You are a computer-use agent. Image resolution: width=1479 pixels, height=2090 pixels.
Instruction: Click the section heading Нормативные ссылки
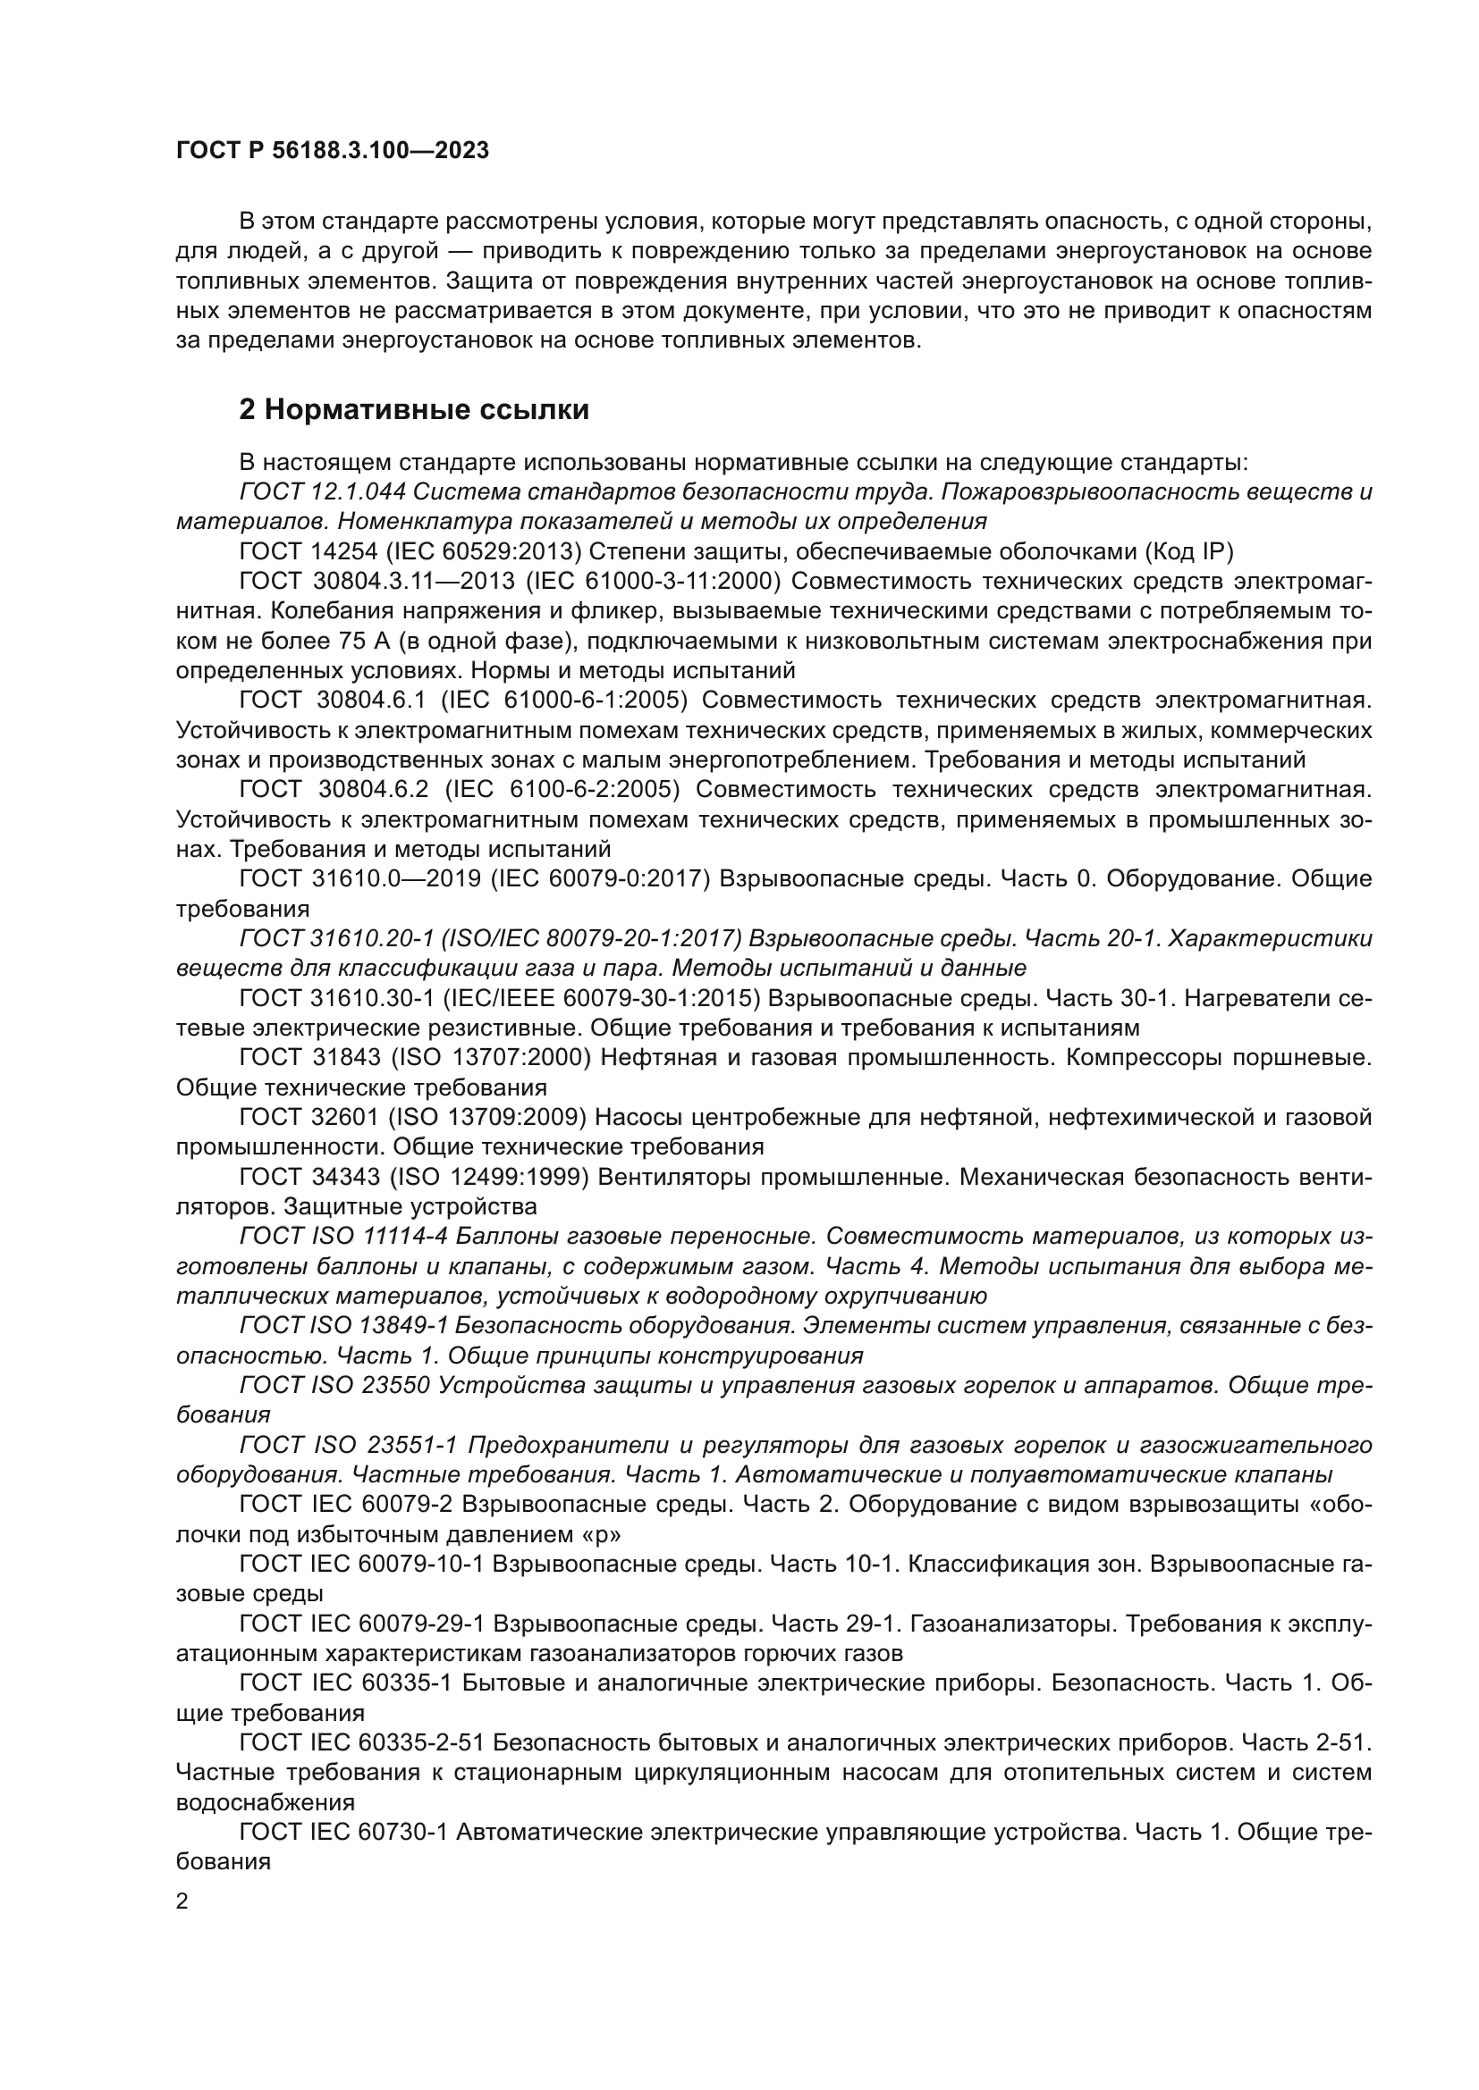(x=414, y=410)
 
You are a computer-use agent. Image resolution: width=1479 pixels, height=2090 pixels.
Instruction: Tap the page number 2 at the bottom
(x=182, y=1901)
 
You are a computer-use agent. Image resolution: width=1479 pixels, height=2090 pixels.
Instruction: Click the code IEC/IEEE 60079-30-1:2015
(x=601, y=999)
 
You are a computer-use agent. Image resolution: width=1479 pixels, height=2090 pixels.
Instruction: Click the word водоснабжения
(x=265, y=1802)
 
